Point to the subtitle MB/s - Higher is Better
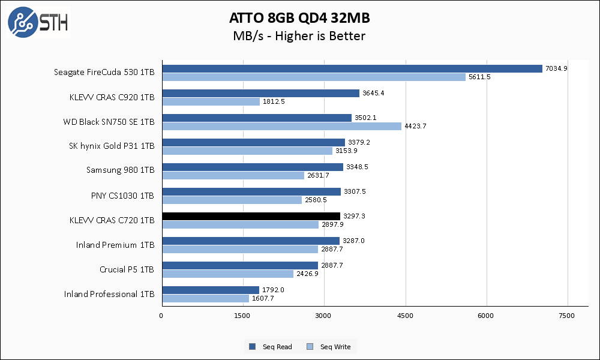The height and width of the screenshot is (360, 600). (x=299, y=36)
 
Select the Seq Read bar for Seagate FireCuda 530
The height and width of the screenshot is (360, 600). (x=352, y=68)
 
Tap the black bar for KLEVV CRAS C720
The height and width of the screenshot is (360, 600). (x=251, y=216)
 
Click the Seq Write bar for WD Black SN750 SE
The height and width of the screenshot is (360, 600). (x=281, y=126)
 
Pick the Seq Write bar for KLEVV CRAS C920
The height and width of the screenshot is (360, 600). (x=211, y=101)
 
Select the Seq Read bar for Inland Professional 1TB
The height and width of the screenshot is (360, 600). (x=210, y=290)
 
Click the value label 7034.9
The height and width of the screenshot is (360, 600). (x=556, y=68)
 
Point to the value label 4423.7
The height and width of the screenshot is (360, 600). (x=415, y=126)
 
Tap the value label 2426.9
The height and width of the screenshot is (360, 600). (x=307, y=274)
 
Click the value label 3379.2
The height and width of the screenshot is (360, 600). (x=358, y=142)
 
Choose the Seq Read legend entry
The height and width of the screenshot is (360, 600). (x=271, y=347)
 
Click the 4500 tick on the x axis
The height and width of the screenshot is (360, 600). (x=405, y=316)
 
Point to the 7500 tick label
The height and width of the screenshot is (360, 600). (x=567, y=316)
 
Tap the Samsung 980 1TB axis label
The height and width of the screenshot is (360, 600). (x=120, y=170)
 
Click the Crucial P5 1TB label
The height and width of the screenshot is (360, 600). (x=127, y=269)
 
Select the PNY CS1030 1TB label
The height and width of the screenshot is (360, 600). (x=122, y=196)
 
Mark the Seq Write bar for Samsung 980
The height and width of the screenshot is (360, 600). (x=233, y=175)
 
